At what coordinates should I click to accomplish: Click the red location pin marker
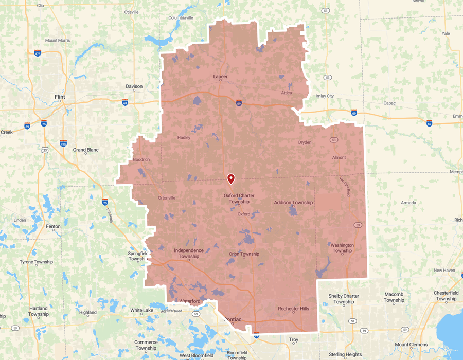click(231, 178)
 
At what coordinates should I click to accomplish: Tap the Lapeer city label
click(220, 77)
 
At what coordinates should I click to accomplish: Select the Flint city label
click(60, 97)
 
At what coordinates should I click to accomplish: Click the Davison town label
click(134, 86)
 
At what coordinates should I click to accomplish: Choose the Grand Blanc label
click(85, 150)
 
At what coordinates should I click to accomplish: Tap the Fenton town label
click(54, 226)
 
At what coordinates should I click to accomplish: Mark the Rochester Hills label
click(294, 309)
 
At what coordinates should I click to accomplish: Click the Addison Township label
click(293, 203)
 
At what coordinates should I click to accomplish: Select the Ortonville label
click(166, 198)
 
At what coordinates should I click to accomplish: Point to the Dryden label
click(305, 142)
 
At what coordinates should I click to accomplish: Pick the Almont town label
click(339, 157)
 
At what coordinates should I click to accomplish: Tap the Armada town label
click(408, 203)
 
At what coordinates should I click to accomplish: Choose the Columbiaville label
click(181, 17)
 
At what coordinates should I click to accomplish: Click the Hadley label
click(184, 138)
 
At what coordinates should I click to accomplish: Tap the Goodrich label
click(141, 160)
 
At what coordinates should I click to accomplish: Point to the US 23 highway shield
click(45, 150)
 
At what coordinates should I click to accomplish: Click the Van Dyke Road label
click(345, 186)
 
